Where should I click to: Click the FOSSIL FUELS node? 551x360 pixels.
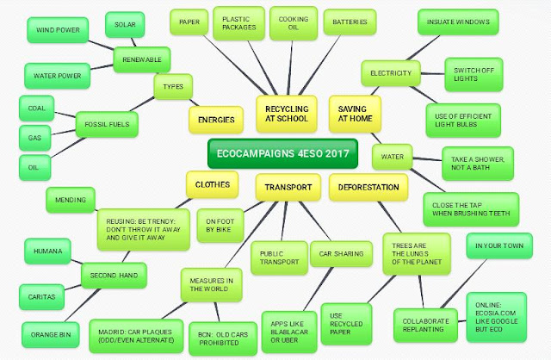click(x=106, y=124)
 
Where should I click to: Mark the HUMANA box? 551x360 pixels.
click(x=47, y=251)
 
